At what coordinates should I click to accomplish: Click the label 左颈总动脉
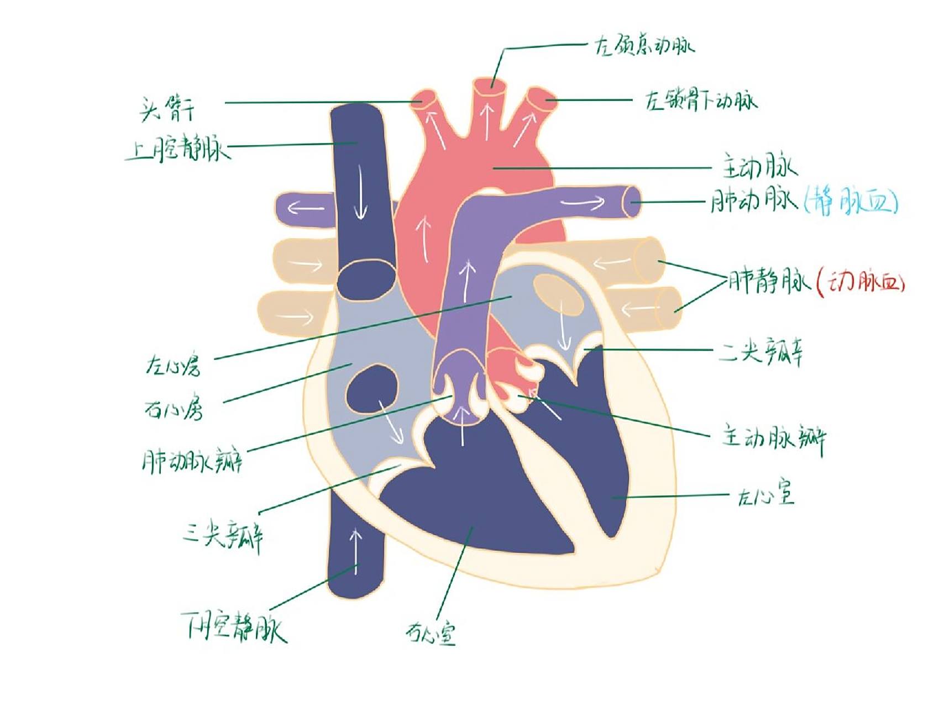click(643, 45)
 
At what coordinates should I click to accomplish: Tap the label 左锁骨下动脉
click(701, 101)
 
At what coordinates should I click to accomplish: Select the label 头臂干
click(167, 109)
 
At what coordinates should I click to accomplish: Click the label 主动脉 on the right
click(759, 167)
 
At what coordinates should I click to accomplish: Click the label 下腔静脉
click(234, 627)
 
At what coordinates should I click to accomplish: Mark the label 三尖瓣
click(223, 535)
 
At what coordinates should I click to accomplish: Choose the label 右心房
click(174, 408)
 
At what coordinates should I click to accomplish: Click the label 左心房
click(172, 365)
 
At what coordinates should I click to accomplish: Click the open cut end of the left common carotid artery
click(490, 87)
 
